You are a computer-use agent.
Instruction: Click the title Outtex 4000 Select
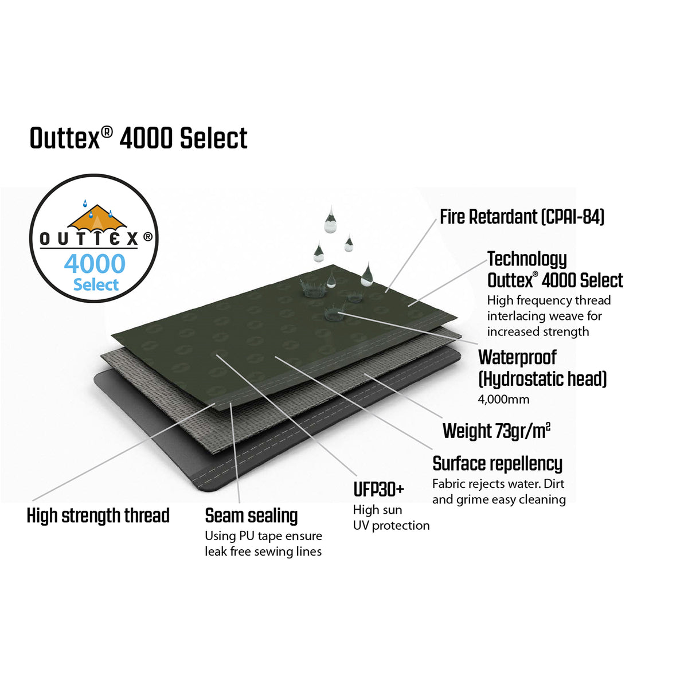coord(138,138)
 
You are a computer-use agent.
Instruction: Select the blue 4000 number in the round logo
coord(95,264)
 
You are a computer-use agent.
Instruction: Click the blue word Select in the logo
coord(96,285)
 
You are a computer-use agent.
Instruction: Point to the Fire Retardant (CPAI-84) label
coord(522,217)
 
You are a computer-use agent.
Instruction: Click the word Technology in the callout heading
coord(527,259)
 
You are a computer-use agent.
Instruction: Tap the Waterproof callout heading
coord(517,357)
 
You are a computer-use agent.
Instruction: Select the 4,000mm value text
coord(503,400)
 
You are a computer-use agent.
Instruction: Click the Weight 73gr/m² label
coord(496,431)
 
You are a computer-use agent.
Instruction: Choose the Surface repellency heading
coord(497,463)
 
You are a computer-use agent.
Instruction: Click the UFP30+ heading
coord(378,490)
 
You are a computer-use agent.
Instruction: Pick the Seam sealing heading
coord(251,515)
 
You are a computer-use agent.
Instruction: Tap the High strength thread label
coord(98,515)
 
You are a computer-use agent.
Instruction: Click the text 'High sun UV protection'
coord(391,518)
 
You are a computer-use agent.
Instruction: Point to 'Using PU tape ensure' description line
coord(263,536)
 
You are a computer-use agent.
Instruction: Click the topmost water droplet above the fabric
coord(330,221)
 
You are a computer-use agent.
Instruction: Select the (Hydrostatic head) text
coord(542,379)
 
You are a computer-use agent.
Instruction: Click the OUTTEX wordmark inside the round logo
coord(89,239)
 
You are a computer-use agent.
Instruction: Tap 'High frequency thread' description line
coord(549,300)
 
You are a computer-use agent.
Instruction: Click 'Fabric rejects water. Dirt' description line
coord(498,484)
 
